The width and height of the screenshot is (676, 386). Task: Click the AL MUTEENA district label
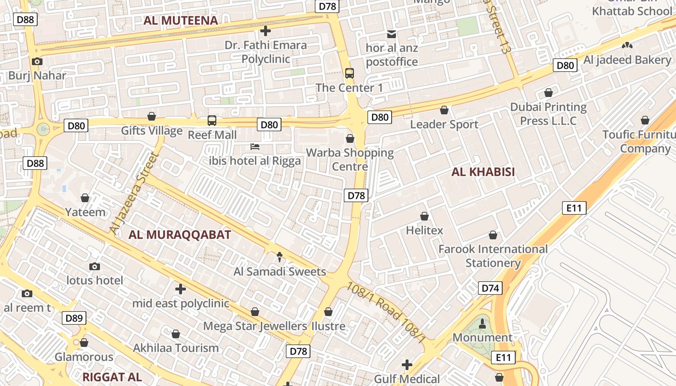(x=181, y=20)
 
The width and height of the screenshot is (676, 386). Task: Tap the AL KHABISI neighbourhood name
(x=483, y=172)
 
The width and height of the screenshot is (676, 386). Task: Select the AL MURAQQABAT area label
(x=180, y=235)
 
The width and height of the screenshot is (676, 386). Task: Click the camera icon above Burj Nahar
(x=37, y=61)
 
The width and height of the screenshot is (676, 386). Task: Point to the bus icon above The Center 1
(x=350, y=73)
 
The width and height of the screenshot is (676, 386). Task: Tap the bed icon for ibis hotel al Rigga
(x=255, y=146)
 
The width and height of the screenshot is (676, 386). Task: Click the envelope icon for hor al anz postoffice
(x=391, y=34)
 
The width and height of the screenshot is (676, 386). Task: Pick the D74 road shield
(x=490, y=289)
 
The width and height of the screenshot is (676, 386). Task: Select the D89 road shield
(x=74, y=318)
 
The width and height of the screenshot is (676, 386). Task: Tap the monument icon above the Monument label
(x=482, y=324)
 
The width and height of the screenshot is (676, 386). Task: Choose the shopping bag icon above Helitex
(x=424, y=216)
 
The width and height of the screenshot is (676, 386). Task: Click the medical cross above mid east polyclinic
(x=180, y=289)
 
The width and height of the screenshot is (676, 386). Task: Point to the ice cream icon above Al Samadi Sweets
(x=279, y=257)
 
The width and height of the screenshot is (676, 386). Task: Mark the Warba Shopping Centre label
(x=350, y=160)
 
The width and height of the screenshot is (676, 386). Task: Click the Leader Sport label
(x=444, y=124)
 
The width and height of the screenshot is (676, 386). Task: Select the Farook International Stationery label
(x=493, y=256)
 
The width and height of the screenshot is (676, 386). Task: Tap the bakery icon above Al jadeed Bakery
(x=627, y=45)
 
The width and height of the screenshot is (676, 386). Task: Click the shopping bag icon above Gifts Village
(x=152, y=116)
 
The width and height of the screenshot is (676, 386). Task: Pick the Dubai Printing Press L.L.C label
(x=549, y=114)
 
